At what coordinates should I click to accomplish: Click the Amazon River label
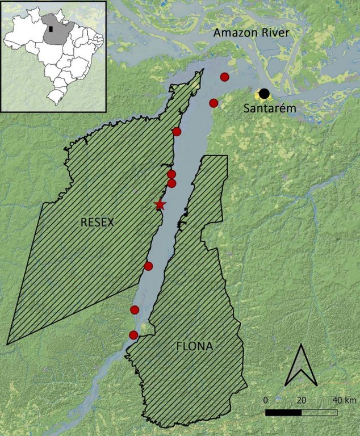pos(252,34)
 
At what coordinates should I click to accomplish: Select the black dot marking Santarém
pos(264,94)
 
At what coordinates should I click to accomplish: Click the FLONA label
pos(194,346)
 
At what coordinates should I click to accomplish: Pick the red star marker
pos(160,205)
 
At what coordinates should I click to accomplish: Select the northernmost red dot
pos(224,77)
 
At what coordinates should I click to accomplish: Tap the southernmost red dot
pos(133,335)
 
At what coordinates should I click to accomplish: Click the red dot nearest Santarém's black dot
pos(214,103)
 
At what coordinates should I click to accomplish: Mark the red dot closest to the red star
pos(171,183)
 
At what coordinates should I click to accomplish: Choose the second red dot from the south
pos(135,309)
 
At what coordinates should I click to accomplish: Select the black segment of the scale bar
pos(283,412)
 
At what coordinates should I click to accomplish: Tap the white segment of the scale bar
pos(319,412)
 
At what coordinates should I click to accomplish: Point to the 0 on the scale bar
pos(266,400)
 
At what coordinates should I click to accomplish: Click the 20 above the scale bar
pos(301,400)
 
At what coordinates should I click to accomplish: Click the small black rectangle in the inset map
pos(51,27)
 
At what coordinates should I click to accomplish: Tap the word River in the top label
pos(275,34)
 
